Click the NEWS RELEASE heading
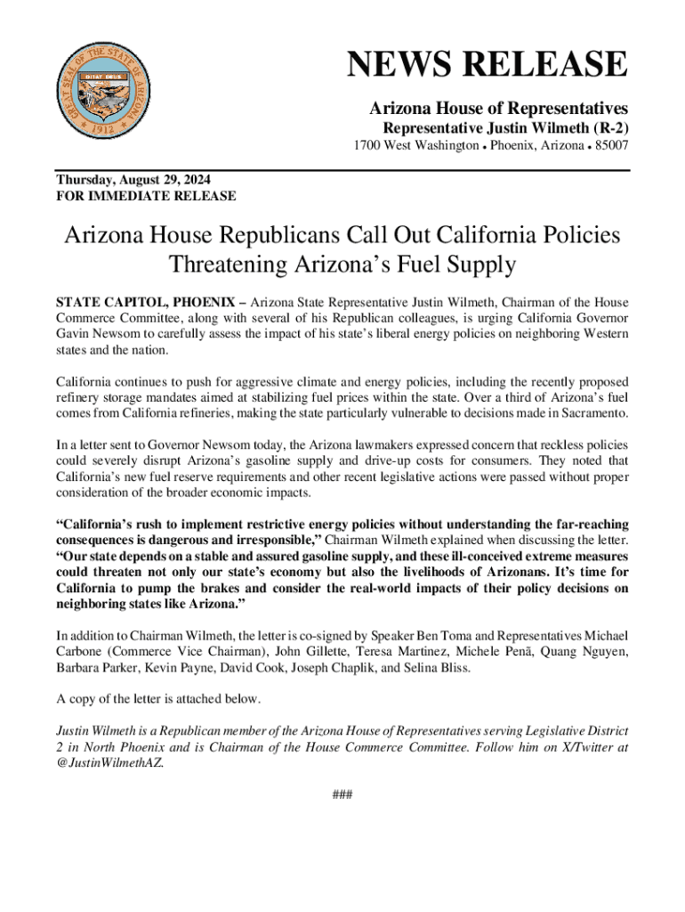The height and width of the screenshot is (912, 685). coord(487,66)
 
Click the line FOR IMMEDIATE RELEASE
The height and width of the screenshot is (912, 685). coord(146,195)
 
